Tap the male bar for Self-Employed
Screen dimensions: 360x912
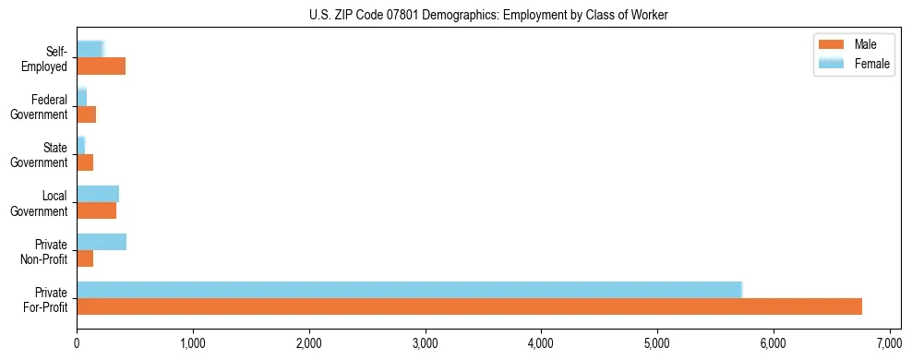101,66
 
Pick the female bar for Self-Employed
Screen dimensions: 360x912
90,49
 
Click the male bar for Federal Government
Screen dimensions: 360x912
86,114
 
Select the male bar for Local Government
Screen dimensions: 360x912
96,210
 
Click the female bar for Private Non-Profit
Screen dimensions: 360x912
102,242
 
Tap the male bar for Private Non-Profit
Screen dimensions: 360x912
85,258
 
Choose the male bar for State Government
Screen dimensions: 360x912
85,162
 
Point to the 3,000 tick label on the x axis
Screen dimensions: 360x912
426,344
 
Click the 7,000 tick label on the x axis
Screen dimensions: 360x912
889,344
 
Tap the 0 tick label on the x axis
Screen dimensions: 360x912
77,344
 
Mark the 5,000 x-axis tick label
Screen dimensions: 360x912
657,344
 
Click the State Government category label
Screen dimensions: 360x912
40,155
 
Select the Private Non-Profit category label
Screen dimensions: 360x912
45,251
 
